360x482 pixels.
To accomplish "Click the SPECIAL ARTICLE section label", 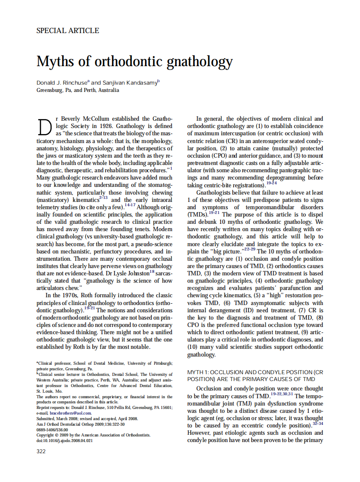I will point(68,31).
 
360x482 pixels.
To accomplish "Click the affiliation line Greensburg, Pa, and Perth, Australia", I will point(78,90).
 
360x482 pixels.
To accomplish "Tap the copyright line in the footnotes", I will point(93,435).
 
